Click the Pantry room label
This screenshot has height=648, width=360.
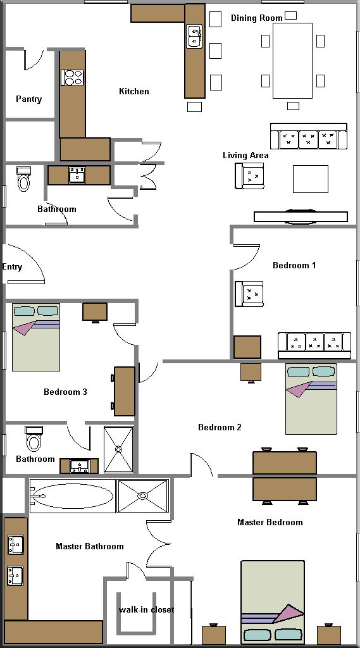point(28,99)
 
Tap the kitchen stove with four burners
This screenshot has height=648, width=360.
point(72,77)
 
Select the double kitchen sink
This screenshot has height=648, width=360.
point(194,36)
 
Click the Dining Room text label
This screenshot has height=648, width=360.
point(257,18)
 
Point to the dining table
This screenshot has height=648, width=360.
point(292,61)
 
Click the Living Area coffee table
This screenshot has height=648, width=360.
point(311,179)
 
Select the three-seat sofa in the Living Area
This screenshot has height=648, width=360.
point(308,136)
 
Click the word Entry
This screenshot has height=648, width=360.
point(12,267)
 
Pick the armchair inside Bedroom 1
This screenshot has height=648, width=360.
point(249,294)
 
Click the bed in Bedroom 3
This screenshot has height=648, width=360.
point(36,337)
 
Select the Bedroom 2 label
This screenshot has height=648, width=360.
point(220,427)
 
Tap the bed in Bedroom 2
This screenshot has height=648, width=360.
point(311,399)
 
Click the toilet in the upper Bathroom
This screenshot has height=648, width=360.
point(24,179)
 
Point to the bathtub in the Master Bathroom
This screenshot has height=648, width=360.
point(72,496)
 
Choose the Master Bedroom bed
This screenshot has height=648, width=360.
point(273,602)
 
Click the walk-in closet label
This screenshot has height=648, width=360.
point(146,609)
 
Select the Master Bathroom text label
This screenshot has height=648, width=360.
point(90,546)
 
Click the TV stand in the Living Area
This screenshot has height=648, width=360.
point(301,217)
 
